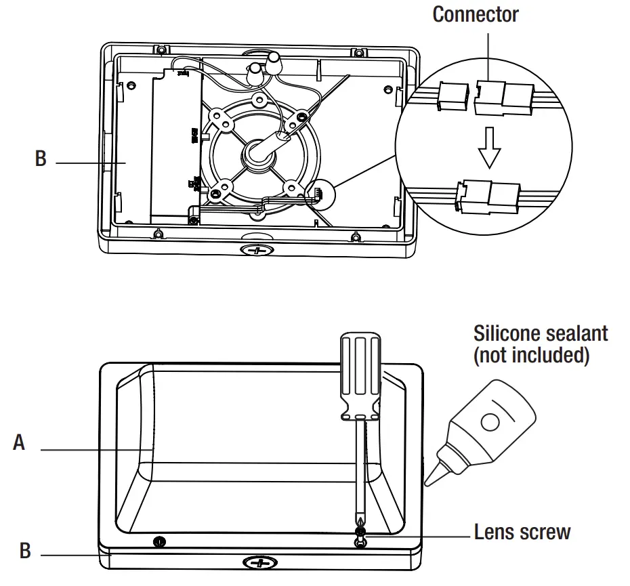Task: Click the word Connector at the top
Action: pyautogui.click(x=476, y=14)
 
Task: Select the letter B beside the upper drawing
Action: pyautogui.click(x=41, y=159)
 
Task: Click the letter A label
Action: pyautogui.click(x=20, y=443)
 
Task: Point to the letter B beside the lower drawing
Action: pyautogui.click(x=25, y=551)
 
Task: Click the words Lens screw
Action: pyautogui.click(x=522, y=532)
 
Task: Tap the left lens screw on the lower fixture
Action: pyautogui.click(x=159, y=541)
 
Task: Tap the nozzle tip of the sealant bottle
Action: pyautogui.click(x=429, y=480)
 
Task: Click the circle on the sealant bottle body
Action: pyautogui.click(x=488, y=421)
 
